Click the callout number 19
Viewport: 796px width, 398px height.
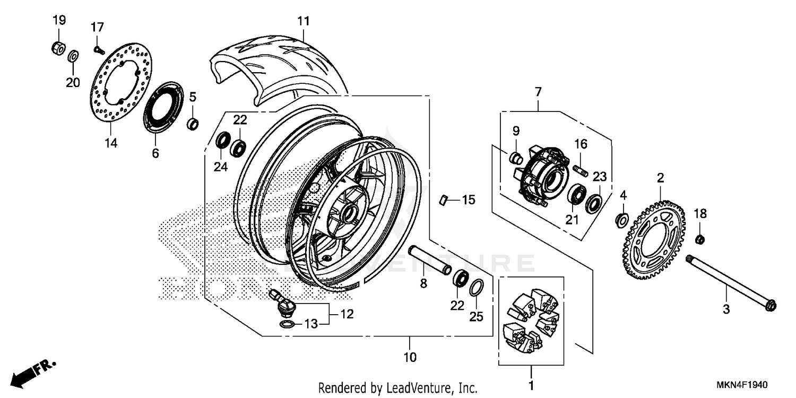tap(59, 21)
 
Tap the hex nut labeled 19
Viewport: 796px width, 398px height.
tap(57, 48)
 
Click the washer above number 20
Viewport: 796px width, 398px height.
tap(73, 55)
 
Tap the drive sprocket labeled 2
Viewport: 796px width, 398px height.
tap(655, 239)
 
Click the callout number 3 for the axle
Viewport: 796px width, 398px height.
tap(726, 308)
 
